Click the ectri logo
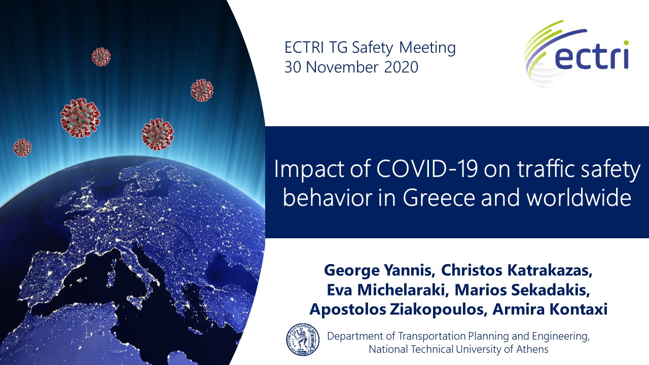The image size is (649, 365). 576,54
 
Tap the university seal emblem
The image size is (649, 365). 303,340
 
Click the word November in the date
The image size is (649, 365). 342,67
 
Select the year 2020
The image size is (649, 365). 401,67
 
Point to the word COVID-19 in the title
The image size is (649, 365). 427,169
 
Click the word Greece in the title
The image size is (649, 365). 439,198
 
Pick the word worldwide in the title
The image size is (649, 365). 579,198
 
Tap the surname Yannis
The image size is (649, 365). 409,271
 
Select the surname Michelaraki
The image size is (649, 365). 403,290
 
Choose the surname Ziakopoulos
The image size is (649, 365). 437,310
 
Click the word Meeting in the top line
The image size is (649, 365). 427,48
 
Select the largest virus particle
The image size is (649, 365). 80,118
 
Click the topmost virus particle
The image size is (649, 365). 101,57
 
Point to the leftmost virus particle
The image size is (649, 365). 22,148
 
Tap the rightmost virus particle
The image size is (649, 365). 202,90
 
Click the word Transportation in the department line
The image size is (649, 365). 431,336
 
